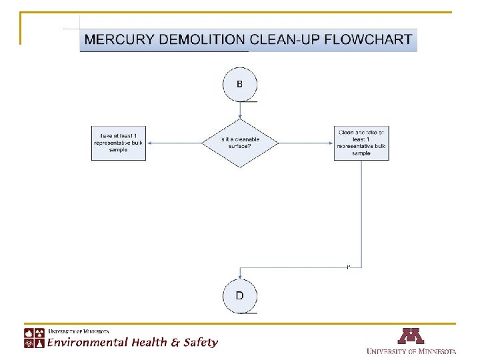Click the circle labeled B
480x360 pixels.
pos(239,85)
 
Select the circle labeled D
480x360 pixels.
pos(239,295)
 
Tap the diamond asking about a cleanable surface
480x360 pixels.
pos(240,143)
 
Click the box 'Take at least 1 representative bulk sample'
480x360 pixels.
pos(118,143)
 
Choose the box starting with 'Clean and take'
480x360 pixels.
pos(361,143)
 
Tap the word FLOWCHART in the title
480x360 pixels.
pos(369,39)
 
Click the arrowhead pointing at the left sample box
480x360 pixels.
pos(147,143)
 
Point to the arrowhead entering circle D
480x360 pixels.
pos(239,275)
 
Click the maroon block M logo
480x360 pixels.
pos(411,335)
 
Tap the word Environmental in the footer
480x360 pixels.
pos(87,343)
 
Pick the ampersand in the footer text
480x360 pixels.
pos(175,343)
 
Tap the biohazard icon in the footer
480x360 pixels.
pos(29,343)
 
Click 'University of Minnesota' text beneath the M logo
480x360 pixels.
pos(411,351)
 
